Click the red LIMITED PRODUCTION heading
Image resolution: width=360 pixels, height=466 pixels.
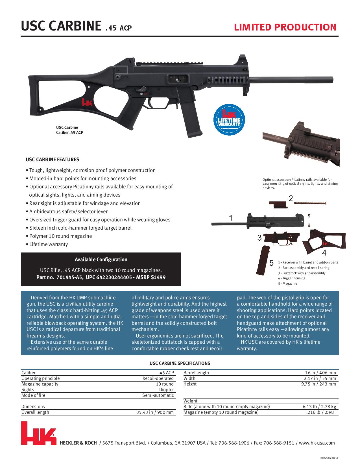(x=285, y=27)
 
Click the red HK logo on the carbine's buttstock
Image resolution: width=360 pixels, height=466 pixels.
(x=87, y=102)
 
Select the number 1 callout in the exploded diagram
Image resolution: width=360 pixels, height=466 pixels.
(x=231, y=218)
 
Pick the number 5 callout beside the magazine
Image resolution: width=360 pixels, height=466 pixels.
(x=271, y=263)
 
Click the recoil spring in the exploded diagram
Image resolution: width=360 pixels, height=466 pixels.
(x=310, y=203)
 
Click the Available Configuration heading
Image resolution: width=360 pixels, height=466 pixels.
(x=101, y=260)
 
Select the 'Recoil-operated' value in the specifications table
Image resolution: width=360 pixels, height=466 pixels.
(x=158, y=378)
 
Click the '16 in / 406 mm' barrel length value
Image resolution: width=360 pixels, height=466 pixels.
(x=320, y=373)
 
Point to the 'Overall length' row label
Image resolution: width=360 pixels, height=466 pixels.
(x=35, y=412)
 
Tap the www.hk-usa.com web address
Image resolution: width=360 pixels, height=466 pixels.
(x=317, y=443)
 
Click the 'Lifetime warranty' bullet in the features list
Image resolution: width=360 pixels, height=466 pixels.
(x=49, y=244)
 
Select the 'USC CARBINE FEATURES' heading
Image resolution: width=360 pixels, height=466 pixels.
(x=53, y=160)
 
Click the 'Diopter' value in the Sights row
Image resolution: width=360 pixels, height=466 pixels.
(x=166, y=390)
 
